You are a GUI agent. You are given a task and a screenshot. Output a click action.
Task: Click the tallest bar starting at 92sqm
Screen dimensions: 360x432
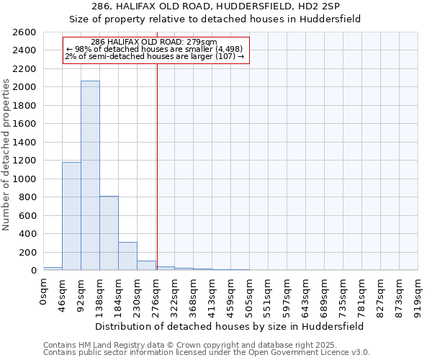point(90,176)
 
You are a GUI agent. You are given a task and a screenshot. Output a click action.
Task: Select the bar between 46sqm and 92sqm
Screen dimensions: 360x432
point(71,216)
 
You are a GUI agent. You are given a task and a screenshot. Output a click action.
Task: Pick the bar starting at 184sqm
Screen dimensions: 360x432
point(127,256)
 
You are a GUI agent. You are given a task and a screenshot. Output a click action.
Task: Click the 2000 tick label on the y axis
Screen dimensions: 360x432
point(23,87)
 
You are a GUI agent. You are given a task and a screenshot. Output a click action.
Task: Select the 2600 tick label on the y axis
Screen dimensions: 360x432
point(23,32)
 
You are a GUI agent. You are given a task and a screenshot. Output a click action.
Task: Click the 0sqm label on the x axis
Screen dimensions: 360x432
point(43,292)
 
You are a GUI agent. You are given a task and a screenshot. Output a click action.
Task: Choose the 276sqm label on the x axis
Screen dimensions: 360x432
point(156,296)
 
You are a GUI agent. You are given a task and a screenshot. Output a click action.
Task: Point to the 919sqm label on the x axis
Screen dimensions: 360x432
point(418,296)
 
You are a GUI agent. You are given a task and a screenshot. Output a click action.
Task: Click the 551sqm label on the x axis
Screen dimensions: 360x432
point(268,296)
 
